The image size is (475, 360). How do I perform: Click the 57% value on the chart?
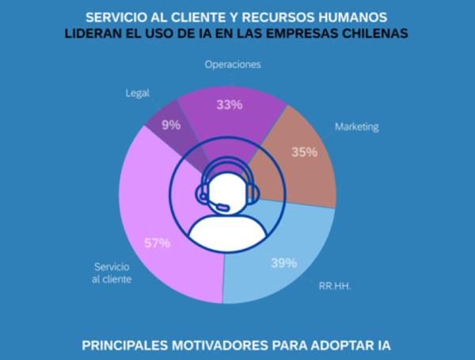156,243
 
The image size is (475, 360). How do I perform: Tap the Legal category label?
138,93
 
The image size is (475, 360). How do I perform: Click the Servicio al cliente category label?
112,274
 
